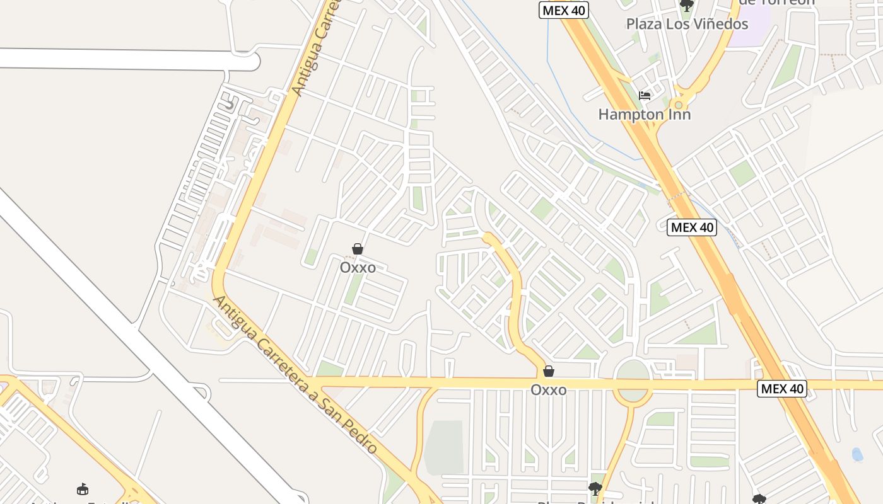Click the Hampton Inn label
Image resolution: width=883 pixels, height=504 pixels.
pos(644,115)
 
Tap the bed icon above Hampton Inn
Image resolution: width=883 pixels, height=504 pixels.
pos(645,96)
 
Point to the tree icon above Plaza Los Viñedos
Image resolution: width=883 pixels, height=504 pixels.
pos(686,6)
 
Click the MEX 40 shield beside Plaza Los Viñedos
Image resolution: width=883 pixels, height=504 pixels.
pos(564,10)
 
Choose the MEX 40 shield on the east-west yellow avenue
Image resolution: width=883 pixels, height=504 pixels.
pos(781,389)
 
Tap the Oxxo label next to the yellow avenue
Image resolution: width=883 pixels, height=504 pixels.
pos(548,390)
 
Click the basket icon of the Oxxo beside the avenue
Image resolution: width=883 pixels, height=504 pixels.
pos(549,372)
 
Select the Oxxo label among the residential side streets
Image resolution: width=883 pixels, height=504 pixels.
pos(358,268)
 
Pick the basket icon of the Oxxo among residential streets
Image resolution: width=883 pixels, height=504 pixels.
pos(358,249)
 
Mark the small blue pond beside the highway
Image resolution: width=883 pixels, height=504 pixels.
pos(857,454)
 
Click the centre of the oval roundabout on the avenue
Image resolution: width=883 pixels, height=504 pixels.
pos(633,381)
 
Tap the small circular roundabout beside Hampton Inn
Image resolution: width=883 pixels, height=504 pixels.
pos(679,105)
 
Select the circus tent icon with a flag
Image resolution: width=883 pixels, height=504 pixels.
pos(82,489)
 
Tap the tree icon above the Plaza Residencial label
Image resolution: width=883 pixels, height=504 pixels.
pos(595,488)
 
